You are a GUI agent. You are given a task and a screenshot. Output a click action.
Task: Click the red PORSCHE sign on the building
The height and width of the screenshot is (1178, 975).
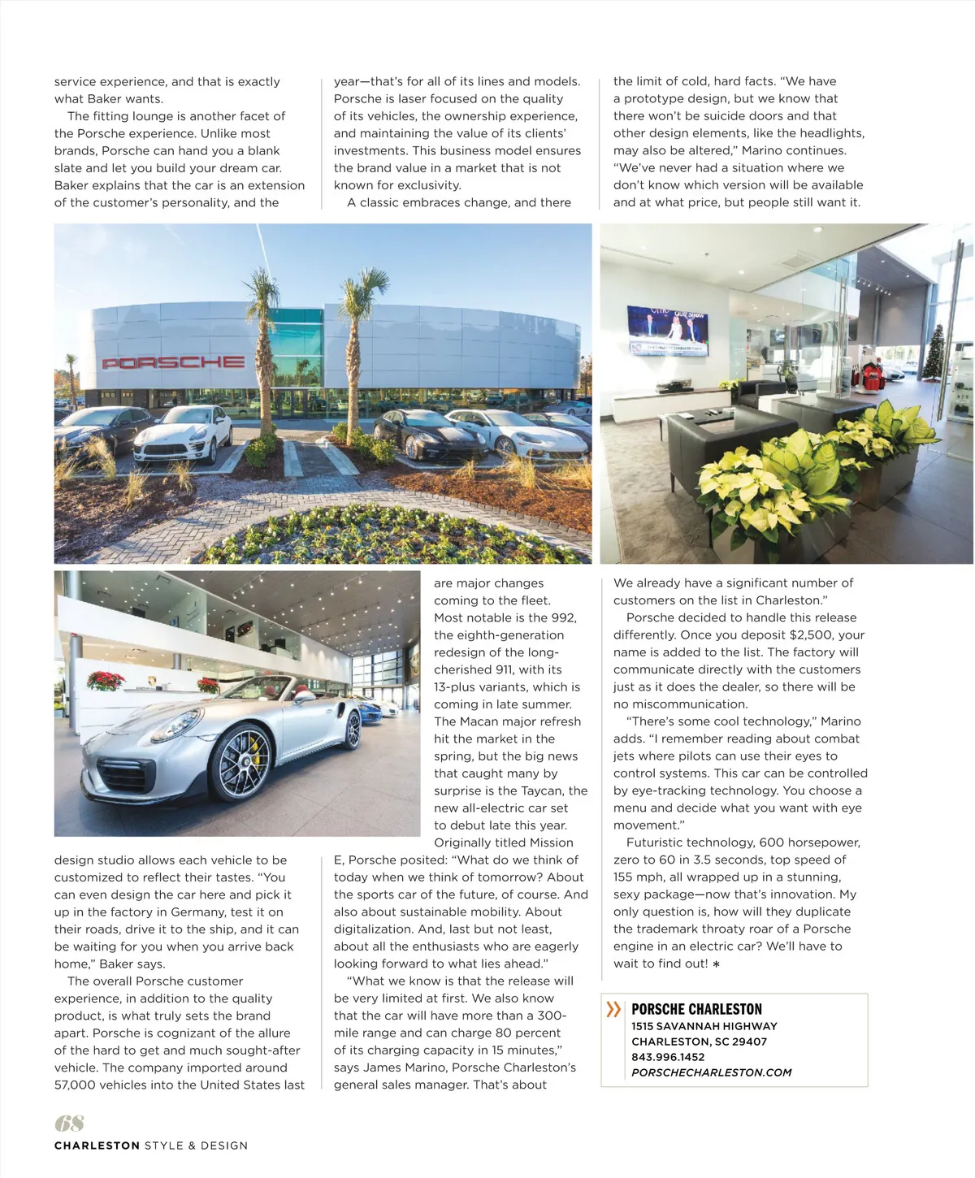click(x=173, y=362)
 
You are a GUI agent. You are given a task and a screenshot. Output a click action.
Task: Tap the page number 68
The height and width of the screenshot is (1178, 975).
click(x=69, y=1123)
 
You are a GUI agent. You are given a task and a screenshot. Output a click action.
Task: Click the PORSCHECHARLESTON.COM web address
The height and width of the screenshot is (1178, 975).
click(x=711, y=1072)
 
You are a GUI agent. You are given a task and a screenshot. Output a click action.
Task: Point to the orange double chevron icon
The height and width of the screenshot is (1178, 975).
click(x=613, y=1009)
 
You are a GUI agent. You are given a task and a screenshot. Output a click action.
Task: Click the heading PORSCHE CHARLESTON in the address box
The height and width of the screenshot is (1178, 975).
click(x=696, y=1009)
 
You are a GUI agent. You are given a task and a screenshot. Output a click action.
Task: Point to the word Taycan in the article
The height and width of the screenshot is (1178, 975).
click(x=542, y=790)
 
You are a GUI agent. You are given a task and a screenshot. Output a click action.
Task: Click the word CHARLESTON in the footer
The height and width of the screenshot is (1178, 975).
click(x=97, y=1146)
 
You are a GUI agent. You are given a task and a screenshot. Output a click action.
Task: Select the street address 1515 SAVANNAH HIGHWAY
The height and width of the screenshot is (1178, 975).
click(x=704, y=1026)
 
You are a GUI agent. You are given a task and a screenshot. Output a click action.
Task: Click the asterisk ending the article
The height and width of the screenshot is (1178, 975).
click(x=716, y=964)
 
